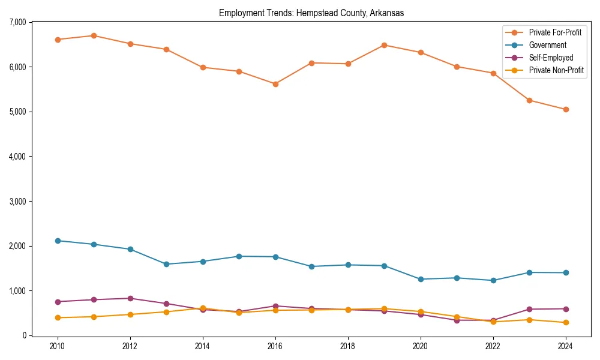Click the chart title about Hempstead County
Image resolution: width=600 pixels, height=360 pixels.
pos(311,13)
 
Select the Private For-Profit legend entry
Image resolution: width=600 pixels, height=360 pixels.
pos(555,32)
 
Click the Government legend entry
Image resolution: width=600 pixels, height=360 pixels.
pos(547,45)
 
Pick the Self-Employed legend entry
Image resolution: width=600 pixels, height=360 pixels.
pos(551,58)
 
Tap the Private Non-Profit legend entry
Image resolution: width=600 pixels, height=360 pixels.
pos(556,70)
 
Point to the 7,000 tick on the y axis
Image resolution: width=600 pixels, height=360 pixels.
pos(17,22)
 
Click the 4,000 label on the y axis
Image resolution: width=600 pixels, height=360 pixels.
pos(17,157)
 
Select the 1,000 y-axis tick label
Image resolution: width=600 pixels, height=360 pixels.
pos(17,291)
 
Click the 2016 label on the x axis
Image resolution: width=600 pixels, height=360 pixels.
pos(275,347)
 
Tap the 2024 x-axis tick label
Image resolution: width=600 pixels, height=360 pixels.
pos(565,347)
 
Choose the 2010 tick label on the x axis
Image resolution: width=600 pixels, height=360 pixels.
pos(58,347)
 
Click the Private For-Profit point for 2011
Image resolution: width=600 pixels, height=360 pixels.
pos(94,35)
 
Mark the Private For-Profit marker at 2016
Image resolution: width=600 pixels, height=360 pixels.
pos(275,84)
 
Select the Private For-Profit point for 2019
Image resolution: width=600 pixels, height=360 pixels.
pos(384,45)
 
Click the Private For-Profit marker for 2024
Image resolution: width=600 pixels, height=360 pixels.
pos(565,109)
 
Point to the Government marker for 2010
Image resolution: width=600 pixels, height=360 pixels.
pos(58,241)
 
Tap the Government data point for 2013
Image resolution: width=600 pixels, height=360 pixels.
pos(166,264)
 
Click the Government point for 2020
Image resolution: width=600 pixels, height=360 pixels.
pos(420,279)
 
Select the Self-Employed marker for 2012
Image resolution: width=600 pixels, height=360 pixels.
pos(130,298)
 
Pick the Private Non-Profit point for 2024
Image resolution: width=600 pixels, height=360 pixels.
pos(565,323)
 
